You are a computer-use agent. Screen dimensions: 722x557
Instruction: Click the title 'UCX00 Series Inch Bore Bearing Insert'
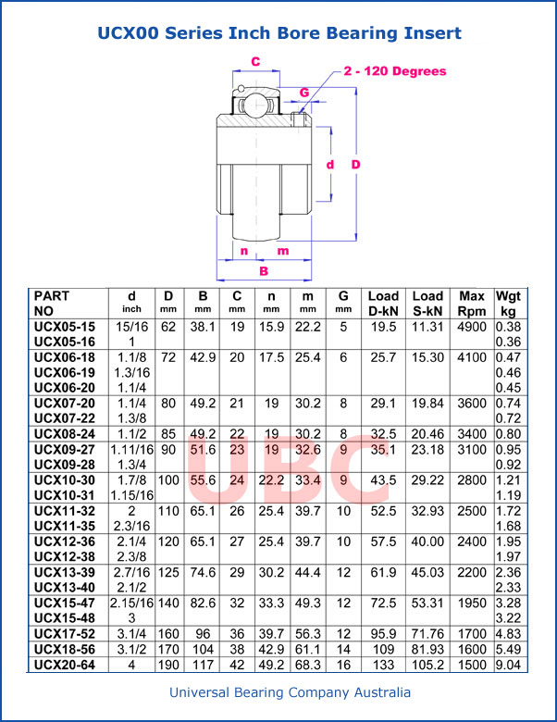click(x=278, y=33)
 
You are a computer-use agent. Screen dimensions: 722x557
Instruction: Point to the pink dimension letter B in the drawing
click(x=264, y=271)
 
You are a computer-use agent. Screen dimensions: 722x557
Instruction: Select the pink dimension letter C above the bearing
click(x=255, y=62)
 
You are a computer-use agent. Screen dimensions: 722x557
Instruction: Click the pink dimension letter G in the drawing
click(x=304, y=93)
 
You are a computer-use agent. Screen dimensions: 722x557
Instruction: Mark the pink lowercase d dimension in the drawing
click(x=330, y=164)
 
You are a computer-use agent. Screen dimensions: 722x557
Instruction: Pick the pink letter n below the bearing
click(x=243, y=251)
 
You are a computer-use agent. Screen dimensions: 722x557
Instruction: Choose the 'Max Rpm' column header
click(x=472, y=303)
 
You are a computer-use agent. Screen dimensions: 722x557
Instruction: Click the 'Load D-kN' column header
click(x=383, y=303)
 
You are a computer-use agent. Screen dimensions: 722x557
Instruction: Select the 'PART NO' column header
click(x=57, y=303)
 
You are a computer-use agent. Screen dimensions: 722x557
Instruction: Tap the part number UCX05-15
click(x=65, y=327)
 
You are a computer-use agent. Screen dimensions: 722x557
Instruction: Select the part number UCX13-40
click(x=65, y=587)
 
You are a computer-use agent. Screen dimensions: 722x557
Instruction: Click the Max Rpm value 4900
click(x=472, y=327)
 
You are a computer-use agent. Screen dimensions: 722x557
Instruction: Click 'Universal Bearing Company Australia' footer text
click(x=278, y=692)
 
